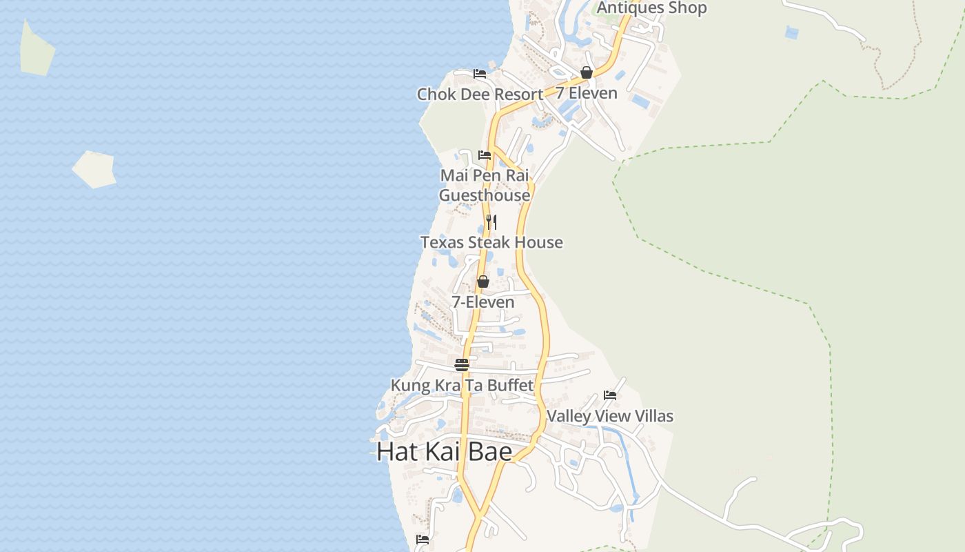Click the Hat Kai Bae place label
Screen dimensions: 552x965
point(445,452)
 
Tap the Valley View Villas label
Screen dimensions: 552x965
point(609,416)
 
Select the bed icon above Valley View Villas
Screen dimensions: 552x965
point(610,395)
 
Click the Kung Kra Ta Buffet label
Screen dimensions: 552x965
point(462,385)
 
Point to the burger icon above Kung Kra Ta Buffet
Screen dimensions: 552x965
point(462,365)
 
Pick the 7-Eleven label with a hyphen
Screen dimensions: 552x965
point(482,302)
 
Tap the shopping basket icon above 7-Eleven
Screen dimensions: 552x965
point(483,282)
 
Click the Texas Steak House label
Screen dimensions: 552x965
point(491,242)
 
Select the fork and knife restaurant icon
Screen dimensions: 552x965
point(491,221)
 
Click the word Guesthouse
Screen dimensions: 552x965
point(485,195)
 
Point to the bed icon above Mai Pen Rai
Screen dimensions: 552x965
point(485,155)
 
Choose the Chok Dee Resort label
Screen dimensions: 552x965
point(480,95)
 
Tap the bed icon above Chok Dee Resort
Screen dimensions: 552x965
point(480,74)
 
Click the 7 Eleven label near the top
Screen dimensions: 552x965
point(587,92)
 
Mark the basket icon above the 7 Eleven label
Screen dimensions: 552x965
point(587,72)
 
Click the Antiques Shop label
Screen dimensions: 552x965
point(651,8)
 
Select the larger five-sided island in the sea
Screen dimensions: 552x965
point(94,169)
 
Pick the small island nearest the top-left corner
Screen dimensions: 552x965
point(37,50)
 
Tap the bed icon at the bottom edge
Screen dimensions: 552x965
point(423,540)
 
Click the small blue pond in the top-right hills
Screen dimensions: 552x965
point(791,32)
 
